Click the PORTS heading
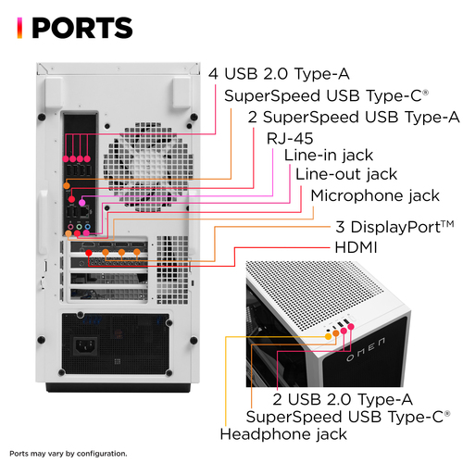coord(82,28)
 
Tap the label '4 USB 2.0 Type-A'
coord(279,74)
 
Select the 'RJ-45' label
coord(290,138)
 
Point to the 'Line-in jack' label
coord(329,156)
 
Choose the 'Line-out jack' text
coord(346,174)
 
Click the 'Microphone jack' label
coord(375,195)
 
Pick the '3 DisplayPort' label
coord(394,227)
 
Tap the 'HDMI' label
coord(356,247)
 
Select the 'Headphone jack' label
coord(283,434)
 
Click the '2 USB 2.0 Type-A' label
coord(343,399)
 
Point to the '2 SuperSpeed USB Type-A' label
coord(354,118)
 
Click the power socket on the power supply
coord(85,346)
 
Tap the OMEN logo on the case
coord(366,349)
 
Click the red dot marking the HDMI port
coord(89,253)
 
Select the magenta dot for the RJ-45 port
coord(81,203)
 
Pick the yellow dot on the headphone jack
coord(329,336)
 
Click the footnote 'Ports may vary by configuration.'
coord(69,454)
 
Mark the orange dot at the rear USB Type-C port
coord(67,185)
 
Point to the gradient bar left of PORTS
coord(19,28)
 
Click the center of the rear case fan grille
coord(148,167)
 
